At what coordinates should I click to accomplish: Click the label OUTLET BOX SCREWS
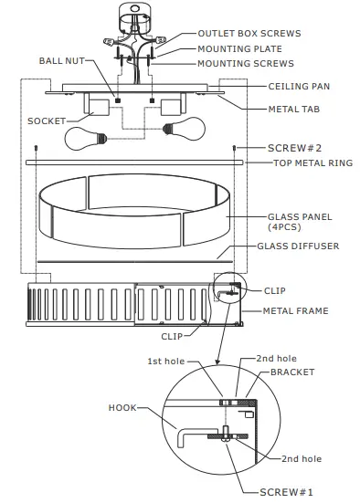tap(249, 34)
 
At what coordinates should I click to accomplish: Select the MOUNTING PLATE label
tap(240, 48)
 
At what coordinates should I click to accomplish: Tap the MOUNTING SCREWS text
tap(246, 63)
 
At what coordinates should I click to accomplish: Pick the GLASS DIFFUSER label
tap(299, 246)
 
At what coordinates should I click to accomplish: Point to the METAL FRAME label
tap(295, 310)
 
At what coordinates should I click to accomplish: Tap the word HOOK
tap(122, 408)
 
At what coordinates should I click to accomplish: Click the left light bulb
tap(85, 138)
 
